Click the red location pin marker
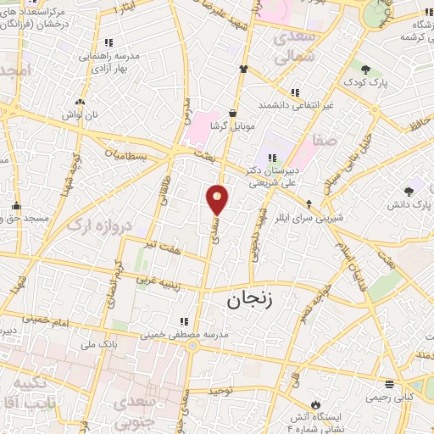[x=218, y=199]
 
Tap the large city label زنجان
[x=253, y=300]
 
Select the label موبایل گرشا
[x=233, y=125]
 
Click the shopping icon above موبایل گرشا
[x=233, y=113]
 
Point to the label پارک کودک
[x=366, y=84]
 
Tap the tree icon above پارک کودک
[x=365, y=70]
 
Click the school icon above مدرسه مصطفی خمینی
[x=183, y=321]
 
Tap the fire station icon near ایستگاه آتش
[x=316, y=403]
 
